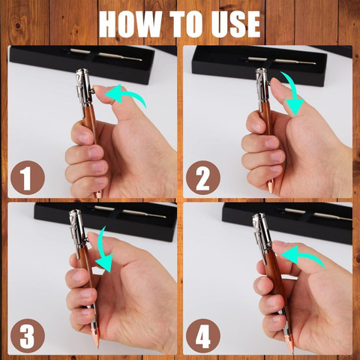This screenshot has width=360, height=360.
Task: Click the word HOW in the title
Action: pyautogui.click(x=130, y=24)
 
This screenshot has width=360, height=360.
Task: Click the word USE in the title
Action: pyautogui.click(x=235, y=24)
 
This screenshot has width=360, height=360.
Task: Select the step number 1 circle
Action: pyautogui.click(x=28, y=178)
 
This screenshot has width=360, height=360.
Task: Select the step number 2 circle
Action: pyautogui.click(x=203, y=178)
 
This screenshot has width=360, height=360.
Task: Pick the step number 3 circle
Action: pyautogui.click(x=28, y=336)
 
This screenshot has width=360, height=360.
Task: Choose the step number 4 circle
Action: pyautogui.click(x=203, y=336)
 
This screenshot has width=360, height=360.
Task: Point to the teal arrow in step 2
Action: pyautogui.click(x=292, y=93)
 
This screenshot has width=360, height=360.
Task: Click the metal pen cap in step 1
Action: pyautogui.click(x=85, y=86)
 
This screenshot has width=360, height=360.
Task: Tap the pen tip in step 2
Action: pyautogui.click(x=270, y=187)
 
